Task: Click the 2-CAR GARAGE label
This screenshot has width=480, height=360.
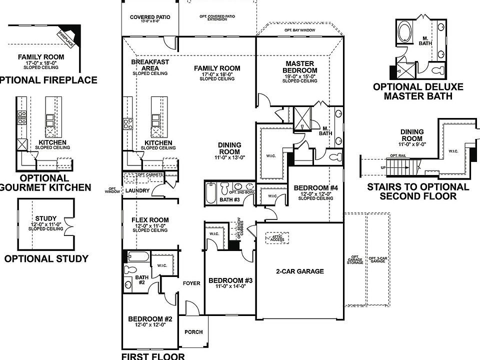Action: (x=299, y=271)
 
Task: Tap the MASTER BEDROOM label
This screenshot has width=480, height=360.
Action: (x=300, y=67)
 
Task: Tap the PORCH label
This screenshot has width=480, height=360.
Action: (x=193, y=331)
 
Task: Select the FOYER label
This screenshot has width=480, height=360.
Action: (x=191, y=283)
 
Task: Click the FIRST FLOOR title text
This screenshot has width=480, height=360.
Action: (x=153, y=356)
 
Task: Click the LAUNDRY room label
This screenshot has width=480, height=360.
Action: (x=136, y=190)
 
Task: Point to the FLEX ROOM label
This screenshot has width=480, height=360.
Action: (x=149, y=220)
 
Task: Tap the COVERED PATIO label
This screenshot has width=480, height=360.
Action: (x=150, y=17)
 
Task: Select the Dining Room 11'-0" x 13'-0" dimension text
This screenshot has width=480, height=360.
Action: (x=229, y=157)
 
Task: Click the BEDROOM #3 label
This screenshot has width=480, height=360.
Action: (x=230, y=280)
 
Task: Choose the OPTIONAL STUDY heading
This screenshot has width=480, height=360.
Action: (x=46, y=258)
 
